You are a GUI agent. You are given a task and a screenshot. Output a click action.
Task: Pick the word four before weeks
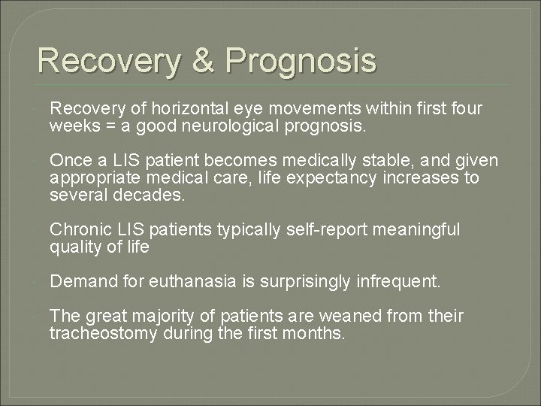(x=467, y=110)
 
